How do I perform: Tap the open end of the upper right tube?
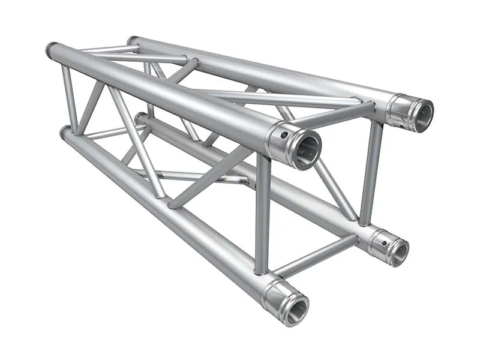tap(423, 116)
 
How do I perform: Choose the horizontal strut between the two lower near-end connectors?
tap(317, 254)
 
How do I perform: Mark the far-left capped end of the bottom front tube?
tap(65, 132)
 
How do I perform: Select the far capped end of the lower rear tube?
tap(140, 117)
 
